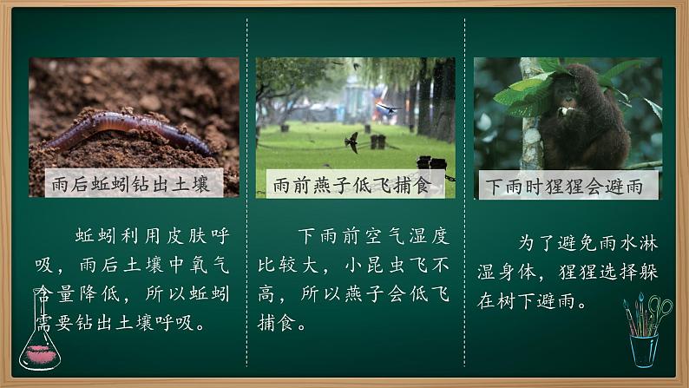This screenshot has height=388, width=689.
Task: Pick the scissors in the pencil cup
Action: (x=660, y=309)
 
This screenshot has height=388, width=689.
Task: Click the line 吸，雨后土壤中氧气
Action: (x=133, y=265)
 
